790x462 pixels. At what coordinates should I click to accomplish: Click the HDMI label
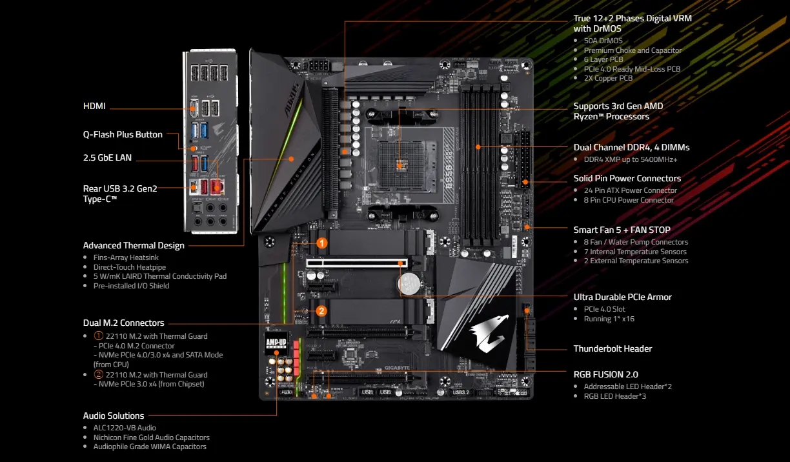click(x=94, y=106)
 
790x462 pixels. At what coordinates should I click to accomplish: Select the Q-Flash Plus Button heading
click(x=123, y=135)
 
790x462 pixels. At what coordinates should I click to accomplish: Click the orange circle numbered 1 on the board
click(x=321, y=243)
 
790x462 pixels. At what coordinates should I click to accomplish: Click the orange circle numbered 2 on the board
click(x=321, y=311)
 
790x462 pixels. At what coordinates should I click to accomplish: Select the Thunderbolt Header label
click(x=613, y=348)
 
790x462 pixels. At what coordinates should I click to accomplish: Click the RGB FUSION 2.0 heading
click(x=605, y=374)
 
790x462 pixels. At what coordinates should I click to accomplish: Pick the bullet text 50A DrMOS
click(x=603, y=41)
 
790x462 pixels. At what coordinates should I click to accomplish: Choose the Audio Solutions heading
click(x=114, y=416)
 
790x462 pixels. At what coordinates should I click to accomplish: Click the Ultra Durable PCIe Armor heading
click(x=622, y=297)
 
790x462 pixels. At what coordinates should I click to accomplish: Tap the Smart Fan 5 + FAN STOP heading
click(x=622, y=230)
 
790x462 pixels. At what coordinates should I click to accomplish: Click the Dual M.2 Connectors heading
click(x=123, y=323)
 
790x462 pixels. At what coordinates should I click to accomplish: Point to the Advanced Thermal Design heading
click(x=134, y=245)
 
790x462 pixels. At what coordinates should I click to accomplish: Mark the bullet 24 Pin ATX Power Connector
click(x=630, y=190)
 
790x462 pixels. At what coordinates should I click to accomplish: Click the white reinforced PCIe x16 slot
click(x=357, y=263)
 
